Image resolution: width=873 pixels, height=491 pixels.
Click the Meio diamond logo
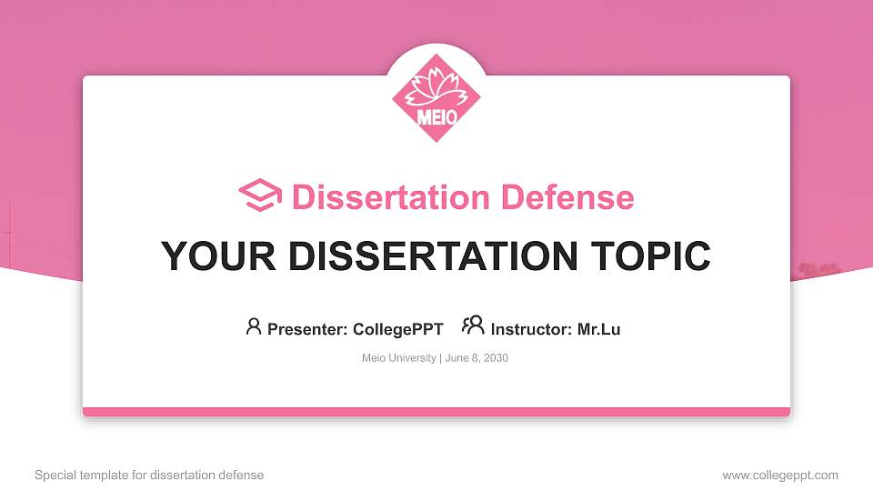tap(436, 98)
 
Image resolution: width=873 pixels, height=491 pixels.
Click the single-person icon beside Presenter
tap(254, 326)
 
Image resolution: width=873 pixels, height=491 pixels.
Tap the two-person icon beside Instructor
tap(473, 326)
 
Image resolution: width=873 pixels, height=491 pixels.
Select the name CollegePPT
tap(399, 329)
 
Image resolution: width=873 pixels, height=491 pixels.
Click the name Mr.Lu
tap(598, 329)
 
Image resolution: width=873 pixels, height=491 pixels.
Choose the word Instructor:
tap(532, 329)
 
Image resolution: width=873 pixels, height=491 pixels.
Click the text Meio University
tap(398, 358)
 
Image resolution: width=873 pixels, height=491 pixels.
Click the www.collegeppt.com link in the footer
tap(779, 475)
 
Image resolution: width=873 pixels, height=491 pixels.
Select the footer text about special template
tap(148, 475)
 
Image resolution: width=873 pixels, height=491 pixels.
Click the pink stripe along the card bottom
tap(436, 412)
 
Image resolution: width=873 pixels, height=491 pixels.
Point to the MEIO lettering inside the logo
tap(436, 116)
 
